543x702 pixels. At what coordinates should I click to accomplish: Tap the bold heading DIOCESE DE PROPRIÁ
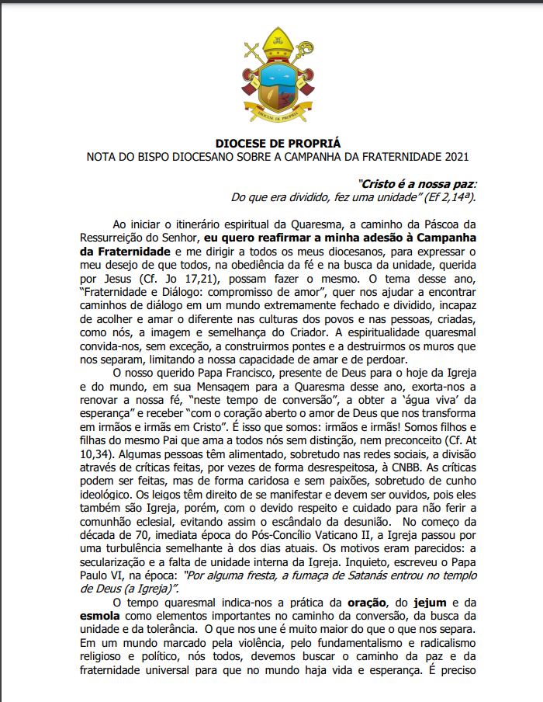[277, 144]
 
